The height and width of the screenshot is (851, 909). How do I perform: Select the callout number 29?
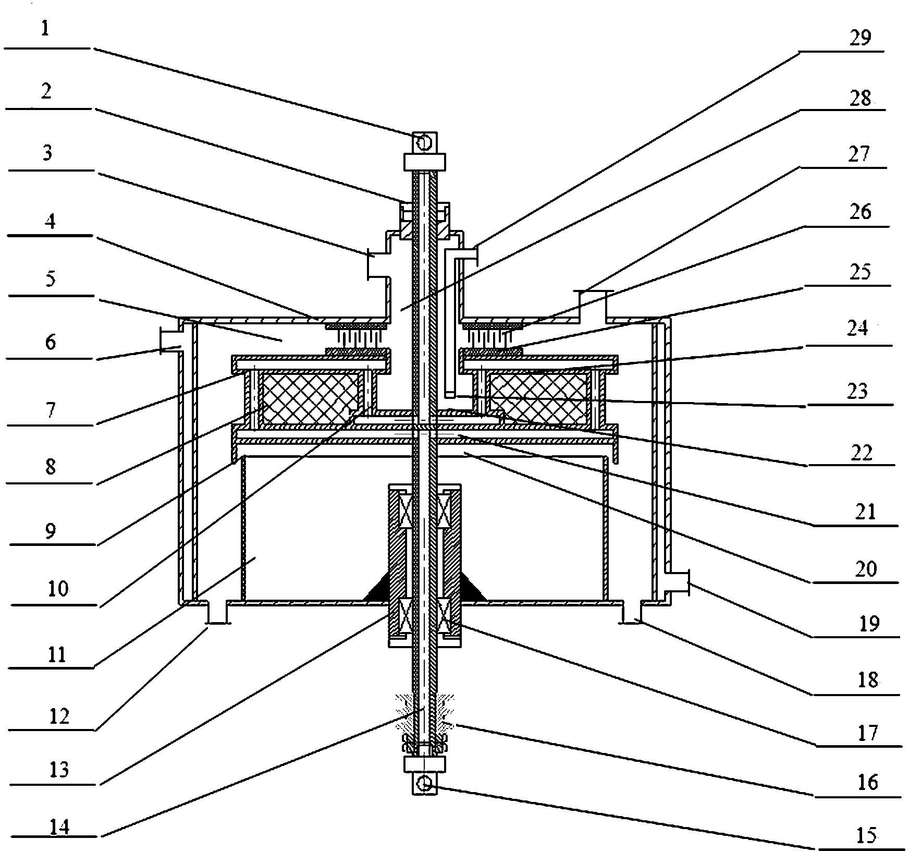(x=860, y=38)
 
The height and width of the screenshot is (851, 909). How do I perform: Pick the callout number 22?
(x=861, y=453)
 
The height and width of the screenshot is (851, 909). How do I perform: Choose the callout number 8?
(x=50, y=467)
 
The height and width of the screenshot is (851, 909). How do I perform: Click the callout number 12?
(x=58, y=716)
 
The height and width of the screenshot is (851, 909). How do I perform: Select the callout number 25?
(x=861, y=272)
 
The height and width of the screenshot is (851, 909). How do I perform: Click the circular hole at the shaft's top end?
(x=424, y=142)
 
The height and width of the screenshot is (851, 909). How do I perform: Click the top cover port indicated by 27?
(x=593, y=303)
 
